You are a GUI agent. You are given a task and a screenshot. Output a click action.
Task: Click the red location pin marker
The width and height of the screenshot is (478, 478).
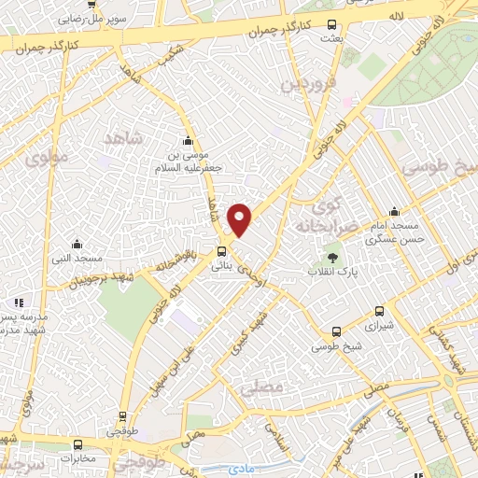[x=240, y=219]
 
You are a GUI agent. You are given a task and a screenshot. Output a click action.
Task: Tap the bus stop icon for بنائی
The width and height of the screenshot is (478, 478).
[x=221, y=250]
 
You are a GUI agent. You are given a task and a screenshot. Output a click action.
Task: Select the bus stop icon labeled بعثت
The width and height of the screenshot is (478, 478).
[x=332, y=25]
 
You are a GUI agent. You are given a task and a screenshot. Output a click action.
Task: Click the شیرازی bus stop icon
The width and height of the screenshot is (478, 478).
[x=379, y=312]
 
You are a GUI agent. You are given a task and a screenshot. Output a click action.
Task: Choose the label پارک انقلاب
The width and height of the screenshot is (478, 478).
[x=333, y=272]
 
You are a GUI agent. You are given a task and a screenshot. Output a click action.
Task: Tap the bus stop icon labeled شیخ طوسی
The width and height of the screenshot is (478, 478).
[x=337, y=331]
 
